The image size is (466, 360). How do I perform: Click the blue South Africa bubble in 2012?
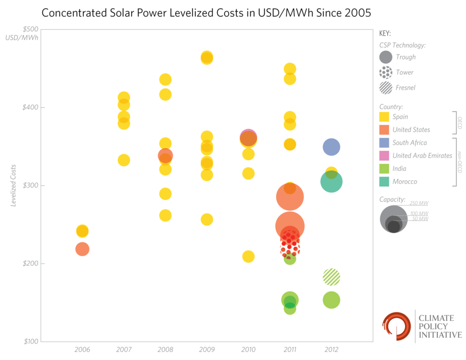[x=332, y=147]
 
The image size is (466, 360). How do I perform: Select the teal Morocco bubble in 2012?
[x=331, y=182]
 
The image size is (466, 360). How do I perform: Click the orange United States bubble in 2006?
[x=82, y=249]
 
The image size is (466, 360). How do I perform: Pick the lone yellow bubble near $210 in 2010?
[x=248, y=256]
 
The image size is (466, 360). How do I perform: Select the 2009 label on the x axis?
[x=207, y=350]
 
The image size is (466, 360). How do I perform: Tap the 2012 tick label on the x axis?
[x=331, y=350]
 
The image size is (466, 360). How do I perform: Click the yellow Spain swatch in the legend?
[x=384, y=117]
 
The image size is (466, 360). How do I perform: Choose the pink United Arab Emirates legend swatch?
[x=384, y=156]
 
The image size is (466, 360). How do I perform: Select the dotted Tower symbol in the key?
[x=385, y=72]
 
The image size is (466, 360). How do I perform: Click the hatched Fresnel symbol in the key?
[x=385, y=87]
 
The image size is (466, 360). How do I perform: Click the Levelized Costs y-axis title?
[x=14, y=185]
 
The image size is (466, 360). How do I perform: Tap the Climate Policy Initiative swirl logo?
[x=396, y=326]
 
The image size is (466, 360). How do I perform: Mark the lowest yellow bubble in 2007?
[x=124, y=160]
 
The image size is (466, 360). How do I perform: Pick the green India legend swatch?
[x=384, y=168]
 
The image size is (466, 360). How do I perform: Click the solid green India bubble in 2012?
[x=331, y=300]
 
